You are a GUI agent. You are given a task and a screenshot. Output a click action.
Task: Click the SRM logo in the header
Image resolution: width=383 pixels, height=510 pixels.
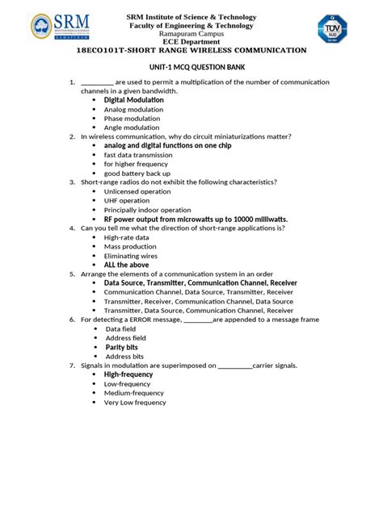point(61,28)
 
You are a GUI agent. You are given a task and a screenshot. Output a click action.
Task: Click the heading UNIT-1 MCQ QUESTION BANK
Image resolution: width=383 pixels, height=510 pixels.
point(191,69)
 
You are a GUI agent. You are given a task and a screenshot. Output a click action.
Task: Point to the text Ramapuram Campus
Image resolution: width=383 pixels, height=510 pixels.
point(191,33)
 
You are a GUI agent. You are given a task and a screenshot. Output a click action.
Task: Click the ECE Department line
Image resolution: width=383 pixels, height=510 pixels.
point(191,41)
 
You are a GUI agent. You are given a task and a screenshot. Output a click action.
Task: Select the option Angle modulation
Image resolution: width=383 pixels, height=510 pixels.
point(131,127)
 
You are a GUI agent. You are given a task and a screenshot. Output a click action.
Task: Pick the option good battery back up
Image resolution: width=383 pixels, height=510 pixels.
point(137,173)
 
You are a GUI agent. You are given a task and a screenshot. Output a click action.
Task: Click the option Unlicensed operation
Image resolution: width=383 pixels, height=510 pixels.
point(137,192)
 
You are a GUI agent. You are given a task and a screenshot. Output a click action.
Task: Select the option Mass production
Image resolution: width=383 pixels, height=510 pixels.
point(130,247)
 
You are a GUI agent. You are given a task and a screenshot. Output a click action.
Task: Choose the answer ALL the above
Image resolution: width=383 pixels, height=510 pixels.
point(126,265)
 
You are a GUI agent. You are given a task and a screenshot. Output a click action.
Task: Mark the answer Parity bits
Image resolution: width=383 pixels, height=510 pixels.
point(121,347)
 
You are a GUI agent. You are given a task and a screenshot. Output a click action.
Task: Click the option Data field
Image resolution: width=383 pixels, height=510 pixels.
point(120,329)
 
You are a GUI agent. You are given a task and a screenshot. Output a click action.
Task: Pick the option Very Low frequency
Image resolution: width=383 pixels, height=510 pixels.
point(134,402)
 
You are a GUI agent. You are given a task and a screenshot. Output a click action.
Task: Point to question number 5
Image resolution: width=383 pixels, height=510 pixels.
point(73,274)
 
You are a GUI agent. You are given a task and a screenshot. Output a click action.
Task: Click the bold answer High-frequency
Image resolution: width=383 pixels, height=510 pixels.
point(128,374)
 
